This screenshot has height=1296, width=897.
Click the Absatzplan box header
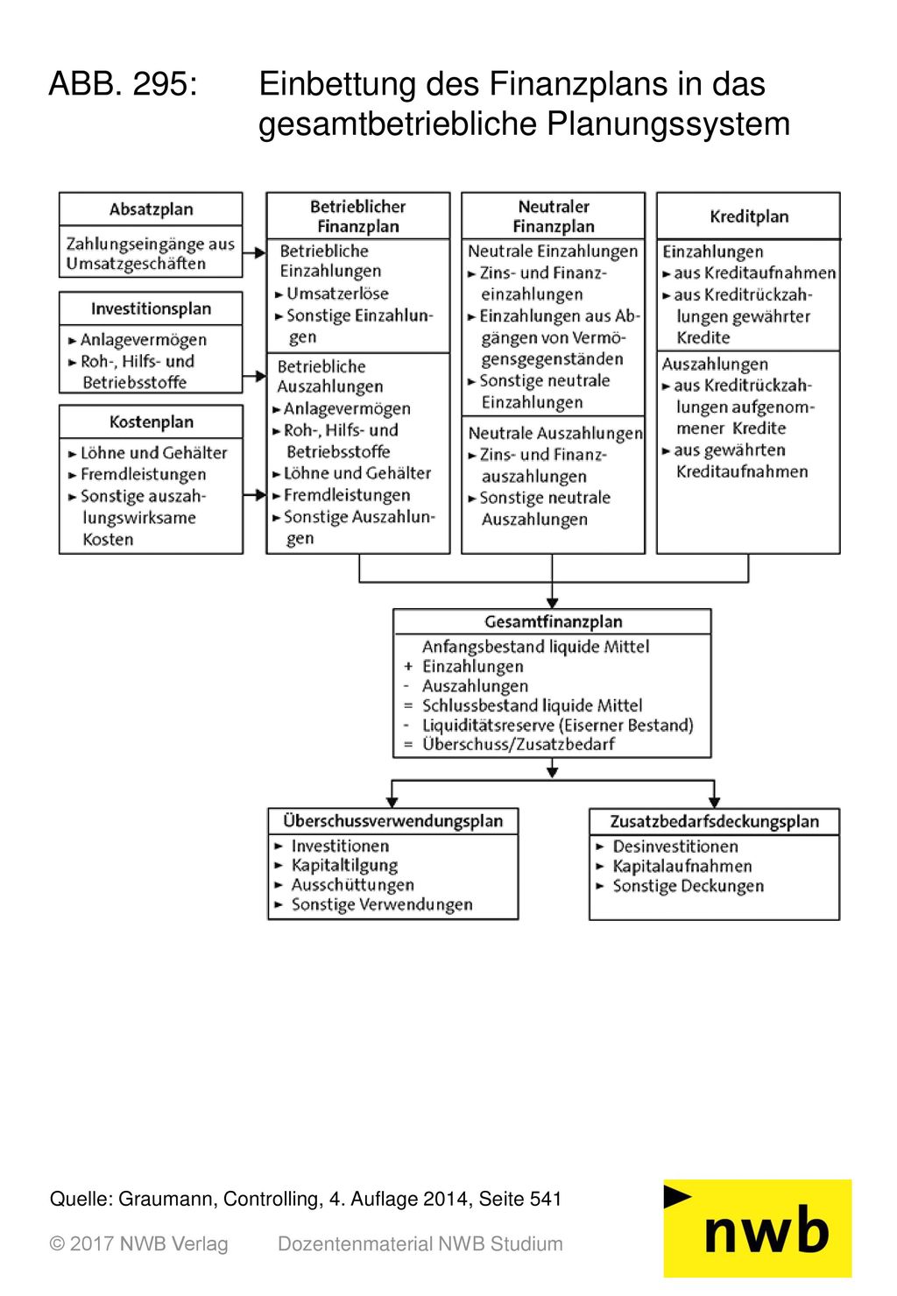(x=151, y=209)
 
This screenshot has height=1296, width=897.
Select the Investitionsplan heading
(x=151, y=309)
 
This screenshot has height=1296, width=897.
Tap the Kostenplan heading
(x=151, y=422)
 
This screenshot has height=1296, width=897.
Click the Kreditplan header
(x=749, y=217)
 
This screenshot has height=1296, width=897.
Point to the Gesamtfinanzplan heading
(x=553, y=622)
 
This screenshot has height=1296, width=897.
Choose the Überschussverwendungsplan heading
(x=392, y=821)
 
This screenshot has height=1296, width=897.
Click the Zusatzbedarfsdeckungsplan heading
(x=714, y=822)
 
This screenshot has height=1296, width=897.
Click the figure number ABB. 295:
(x=124, y=84)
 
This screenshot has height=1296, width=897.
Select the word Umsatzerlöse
(x=338, y=294)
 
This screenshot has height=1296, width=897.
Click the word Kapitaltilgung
(x=344, y=866)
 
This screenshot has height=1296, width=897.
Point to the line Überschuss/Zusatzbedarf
(x=519, y=745)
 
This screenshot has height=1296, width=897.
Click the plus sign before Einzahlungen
(x=408, y=667)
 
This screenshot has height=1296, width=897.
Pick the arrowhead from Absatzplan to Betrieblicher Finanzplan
(x=259, y=253)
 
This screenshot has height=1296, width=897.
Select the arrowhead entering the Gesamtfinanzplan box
(x=553, y=604)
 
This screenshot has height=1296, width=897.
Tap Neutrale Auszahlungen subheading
(x=555, y=434)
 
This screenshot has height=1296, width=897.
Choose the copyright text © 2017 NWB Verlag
(x=138, y=1244)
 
